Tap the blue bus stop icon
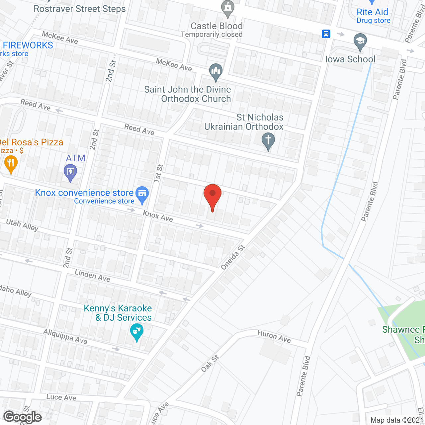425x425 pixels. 326,34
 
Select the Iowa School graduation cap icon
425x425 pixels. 360,42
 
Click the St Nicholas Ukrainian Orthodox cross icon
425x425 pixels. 268,140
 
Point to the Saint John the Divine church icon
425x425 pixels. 216,71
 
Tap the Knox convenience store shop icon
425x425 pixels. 142,194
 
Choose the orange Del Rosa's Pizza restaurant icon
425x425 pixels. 11,164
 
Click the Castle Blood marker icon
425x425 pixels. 227,8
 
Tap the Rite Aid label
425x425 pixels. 373,12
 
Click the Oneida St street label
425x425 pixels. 233,257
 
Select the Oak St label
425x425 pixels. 210,363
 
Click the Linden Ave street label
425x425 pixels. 92,276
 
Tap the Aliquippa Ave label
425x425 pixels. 65,336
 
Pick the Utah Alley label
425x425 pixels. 22,225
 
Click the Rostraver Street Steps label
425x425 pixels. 80,9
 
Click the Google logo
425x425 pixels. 23,417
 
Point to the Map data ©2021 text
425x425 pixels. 397,420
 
